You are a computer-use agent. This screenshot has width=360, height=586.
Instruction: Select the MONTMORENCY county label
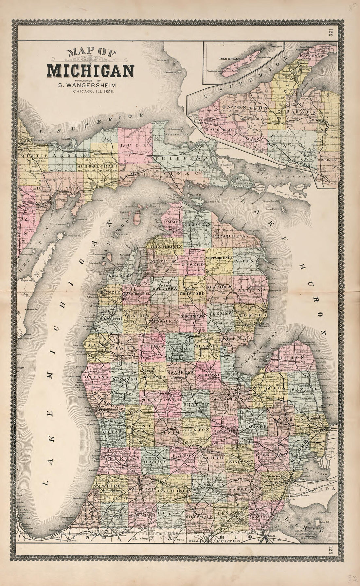[219, 258]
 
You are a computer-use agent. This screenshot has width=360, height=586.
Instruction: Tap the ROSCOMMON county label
[192, 316]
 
